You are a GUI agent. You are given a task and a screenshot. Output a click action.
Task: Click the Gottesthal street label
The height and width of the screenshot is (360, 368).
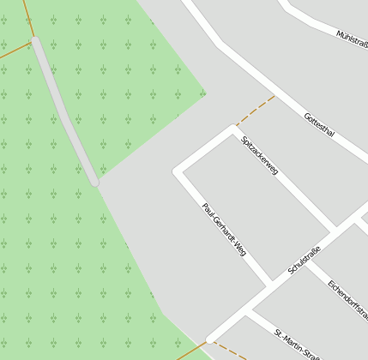[319, 125]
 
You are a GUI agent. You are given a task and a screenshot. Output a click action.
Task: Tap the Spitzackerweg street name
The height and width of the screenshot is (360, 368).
[261, 155]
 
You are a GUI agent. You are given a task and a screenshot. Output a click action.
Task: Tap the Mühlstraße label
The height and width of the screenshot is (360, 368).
[352, 39]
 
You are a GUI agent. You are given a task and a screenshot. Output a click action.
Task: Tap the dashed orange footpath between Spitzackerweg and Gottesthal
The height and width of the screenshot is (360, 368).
[255, 110]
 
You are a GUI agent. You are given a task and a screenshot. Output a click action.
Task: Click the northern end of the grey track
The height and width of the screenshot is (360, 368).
[34, 39]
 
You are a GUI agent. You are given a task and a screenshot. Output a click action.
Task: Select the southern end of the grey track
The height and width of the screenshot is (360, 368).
[95, 182]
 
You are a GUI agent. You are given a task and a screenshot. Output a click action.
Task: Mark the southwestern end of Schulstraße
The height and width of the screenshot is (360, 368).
[209, 339]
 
